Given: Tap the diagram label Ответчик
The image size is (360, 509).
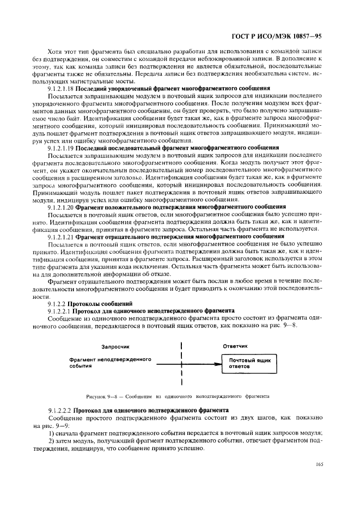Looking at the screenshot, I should (235, 346).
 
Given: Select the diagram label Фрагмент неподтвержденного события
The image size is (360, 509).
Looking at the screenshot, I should (102, 364).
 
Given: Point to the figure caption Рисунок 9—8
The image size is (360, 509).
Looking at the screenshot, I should (103, 396).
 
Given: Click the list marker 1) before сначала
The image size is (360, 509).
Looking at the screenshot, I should (52, 432).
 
